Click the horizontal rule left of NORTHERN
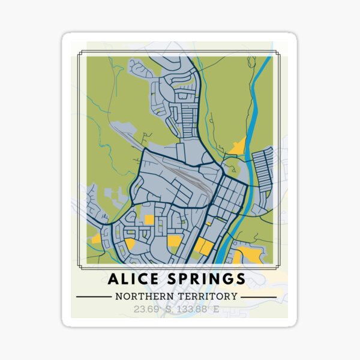[x=92, y=296]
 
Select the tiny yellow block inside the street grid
[x=208, y=223]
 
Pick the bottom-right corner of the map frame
[x=280, y=268]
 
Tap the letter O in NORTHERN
[x=127, y=296]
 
